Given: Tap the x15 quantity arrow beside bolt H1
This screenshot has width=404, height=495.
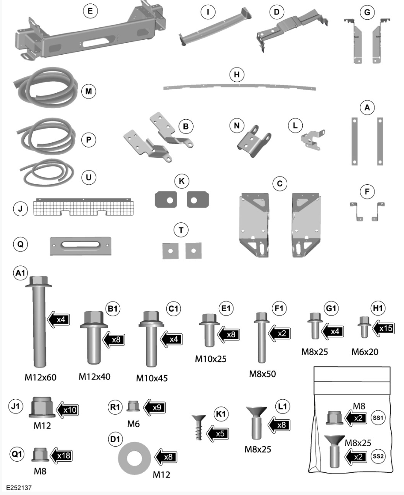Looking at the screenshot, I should [384, 328].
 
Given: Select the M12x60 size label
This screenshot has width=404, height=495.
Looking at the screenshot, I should [40, 377].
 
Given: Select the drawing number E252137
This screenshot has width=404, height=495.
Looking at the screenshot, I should [19, 487].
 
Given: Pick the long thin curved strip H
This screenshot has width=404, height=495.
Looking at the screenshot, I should [239, 86].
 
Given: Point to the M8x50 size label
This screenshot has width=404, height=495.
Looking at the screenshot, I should [262, 374].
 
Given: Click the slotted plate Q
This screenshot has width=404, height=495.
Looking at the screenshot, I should [80, 245].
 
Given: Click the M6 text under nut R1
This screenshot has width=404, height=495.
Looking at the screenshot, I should [133, 424].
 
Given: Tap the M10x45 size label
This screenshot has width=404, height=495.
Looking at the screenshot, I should [152, 378].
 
